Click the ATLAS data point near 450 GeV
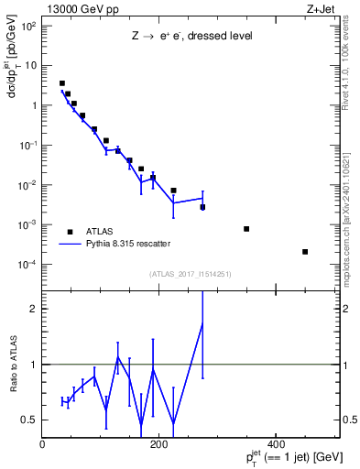click(x=305, y=252)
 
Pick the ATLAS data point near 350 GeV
click(x=246, y=229)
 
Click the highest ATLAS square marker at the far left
click(x=62, y=83)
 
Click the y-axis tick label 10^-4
click(x=27, y=265)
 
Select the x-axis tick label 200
click(x=158, y=444)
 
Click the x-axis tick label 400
click(x=275, y=444)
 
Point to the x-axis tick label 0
click(x=43, y=444)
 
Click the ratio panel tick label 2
click(x=34, y=309)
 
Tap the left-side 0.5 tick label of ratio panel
click(x=29, y=420)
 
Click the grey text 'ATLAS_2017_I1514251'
click(x=191, y=273)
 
